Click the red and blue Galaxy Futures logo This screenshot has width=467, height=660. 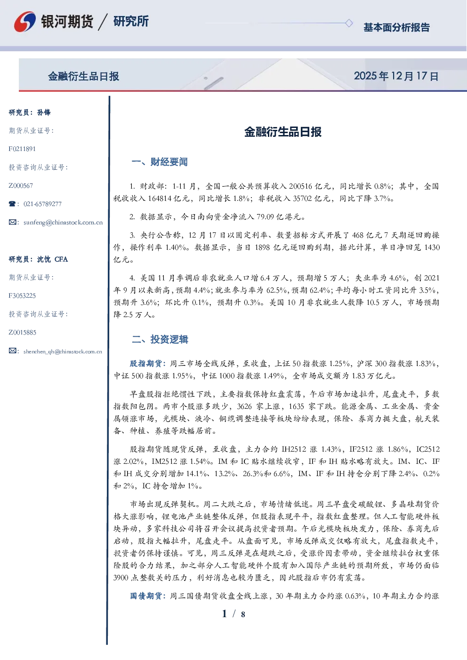pyautogui.click(x=25, y=22)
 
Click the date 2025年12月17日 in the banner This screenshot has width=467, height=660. pyautogui.click(x=396, y=76)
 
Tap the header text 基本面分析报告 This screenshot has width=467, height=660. pyautogui.click(x=396, y=27)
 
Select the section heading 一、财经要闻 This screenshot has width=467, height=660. pyautogui.click(x=160, y=162)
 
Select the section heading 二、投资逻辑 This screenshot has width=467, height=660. pyautogui.click(x=160, y=339)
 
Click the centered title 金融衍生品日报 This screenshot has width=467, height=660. pyautogui.click(x=283, y=132)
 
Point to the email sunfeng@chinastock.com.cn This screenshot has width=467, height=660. pyautogui.click(x=63, y=223)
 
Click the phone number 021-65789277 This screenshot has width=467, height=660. pyautogui.click(x=43, y=204)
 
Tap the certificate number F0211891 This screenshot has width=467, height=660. pyautogui.click(x=22, y=149)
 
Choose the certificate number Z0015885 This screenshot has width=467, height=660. pyautogui.click(x=23, y=333)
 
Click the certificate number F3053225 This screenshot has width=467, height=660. pyautogui.click(x=22, y=295)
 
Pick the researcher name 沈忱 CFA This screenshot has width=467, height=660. pyautogui.click(x=52, y=259)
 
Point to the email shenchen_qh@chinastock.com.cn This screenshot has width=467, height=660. pyautogui.click(x=63, y=351)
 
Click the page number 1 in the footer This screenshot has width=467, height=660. pyautogui.click(x=225, y=614)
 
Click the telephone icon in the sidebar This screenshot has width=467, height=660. pyautogui.click(x=12, y=204)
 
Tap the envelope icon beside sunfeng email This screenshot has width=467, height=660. pyautogui.click(x=12, y=222)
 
